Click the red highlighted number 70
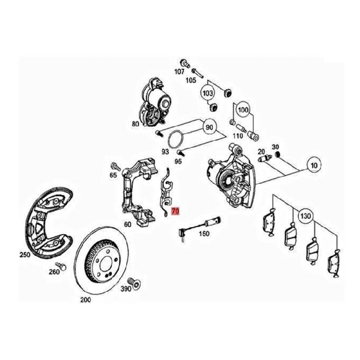click(x=175, y=210)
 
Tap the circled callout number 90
click(x=209, y=128)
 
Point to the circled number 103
click(x=208, y=92)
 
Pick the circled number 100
click(x=243, y=110)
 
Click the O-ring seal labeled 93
click(x=176, y=139)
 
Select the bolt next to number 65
click(x=115, y=166)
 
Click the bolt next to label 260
click(x=61, y=265)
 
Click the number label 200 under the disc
click(x=85, y=300)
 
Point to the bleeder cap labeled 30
click(x=277, y=155)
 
